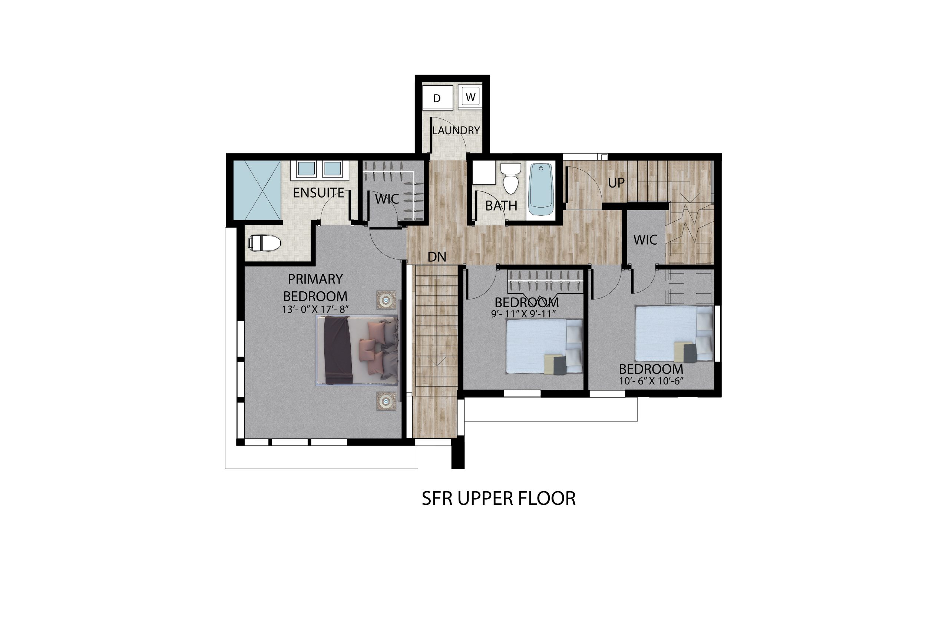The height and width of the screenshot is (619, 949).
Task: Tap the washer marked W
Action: pos(470,97)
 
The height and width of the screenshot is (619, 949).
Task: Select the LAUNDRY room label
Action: pos(456,130)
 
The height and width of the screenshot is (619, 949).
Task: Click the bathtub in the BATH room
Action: pos(541,191)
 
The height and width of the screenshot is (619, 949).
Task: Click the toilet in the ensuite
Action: pos(264,243)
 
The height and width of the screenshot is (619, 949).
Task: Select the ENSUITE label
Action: pos(318,193)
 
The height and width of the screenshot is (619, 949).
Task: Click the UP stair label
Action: pos(616,183)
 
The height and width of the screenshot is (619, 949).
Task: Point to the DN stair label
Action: pos(437,257)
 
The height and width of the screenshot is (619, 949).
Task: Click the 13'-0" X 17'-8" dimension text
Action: pos(315,309)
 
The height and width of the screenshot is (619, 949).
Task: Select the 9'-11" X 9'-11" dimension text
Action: pos(523,314)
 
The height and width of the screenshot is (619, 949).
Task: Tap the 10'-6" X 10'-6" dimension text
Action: pos(651,381)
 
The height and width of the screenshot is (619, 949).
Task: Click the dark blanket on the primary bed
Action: pos(337,350)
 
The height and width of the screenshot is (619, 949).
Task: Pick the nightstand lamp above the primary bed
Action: pos(386,300)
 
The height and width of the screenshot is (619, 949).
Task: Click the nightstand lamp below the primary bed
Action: pos(386,401)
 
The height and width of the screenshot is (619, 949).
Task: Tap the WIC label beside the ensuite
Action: pos(387,199)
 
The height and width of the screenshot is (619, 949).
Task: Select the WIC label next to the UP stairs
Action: pos(645,240)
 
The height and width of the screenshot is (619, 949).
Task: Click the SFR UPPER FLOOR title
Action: pos(499,498)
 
